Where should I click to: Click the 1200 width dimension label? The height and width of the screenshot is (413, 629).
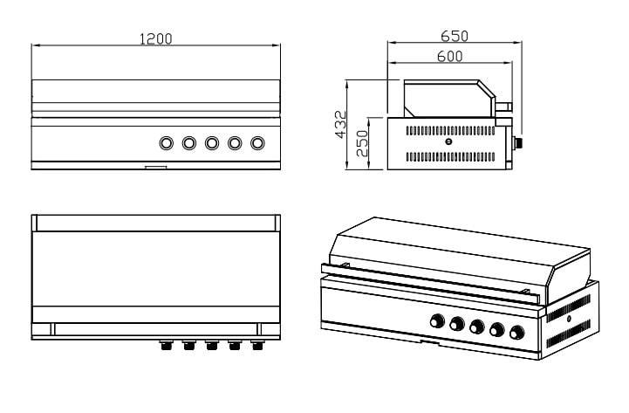pos(156,38)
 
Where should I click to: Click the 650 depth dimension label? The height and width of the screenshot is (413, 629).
pos(454,36)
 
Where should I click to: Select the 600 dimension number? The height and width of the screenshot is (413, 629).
pos(449,56)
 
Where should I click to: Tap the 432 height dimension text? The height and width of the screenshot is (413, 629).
pos(341,125)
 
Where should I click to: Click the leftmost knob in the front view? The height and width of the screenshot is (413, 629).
pos(166,143)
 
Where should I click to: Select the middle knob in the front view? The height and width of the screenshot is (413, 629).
pos(212,143)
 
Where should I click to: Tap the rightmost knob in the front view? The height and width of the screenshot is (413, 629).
pos(257,143)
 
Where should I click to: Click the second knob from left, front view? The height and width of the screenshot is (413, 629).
pos(188,143)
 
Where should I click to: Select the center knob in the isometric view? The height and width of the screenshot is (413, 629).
pos(476,328)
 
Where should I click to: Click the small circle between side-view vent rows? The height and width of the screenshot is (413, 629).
pos(448,142)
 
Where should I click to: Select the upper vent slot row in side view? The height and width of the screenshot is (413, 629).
pos(448,129)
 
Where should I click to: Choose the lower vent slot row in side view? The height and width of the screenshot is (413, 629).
pos(448,156)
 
